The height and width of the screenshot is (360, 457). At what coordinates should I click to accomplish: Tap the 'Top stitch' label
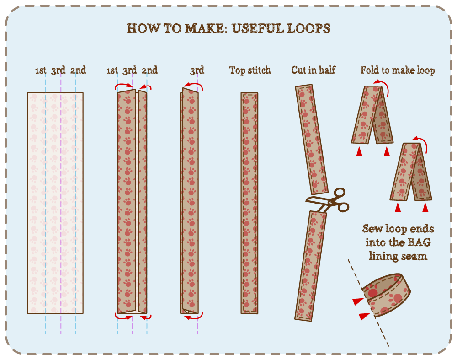250,70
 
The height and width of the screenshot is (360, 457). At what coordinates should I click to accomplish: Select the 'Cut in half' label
314,70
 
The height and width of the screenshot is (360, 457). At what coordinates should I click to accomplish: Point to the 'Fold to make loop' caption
398,70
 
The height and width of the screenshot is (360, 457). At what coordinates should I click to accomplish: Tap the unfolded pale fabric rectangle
55,203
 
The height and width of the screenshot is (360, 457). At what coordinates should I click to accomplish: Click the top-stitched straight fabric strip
250,203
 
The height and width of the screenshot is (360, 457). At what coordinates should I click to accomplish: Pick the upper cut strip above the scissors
312,140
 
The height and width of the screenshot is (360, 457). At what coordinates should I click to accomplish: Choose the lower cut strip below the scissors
310,266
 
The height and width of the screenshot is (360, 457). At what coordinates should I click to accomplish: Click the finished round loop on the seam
386,295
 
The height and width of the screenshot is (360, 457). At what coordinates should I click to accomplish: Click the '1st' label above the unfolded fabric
41,70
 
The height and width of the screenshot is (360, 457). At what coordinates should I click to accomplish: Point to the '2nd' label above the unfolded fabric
78,70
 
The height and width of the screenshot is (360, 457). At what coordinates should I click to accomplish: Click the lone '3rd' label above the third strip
197,70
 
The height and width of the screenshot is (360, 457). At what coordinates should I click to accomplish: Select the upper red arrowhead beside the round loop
358,301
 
